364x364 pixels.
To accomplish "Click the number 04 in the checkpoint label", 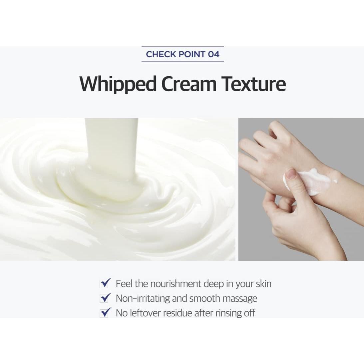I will coord(213,54).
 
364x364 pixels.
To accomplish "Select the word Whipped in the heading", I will coord(118,84).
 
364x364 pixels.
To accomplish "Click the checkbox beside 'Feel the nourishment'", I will coord(105,283).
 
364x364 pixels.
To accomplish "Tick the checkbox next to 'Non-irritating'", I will coord(105,298).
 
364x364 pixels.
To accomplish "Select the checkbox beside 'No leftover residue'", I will coord(105,313).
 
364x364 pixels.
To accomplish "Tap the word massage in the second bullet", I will coord(240,298).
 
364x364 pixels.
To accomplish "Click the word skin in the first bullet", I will coord(264,284).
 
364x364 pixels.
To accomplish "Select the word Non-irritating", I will coord(143,298).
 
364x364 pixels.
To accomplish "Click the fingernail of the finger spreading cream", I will coord(291,174).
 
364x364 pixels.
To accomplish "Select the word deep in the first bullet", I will coord(213,284).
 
